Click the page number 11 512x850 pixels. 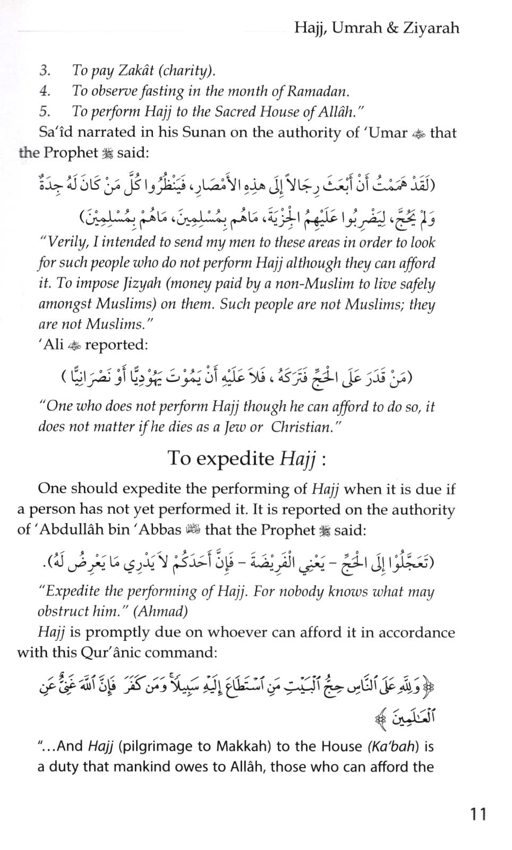pyautogui.click(x=478, y=814)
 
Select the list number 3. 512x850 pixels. pyautogui.click(x=45, y=71)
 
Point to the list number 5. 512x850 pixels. pyautogui.click(x=45, y=111)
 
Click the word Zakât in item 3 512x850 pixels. pyautogui.click(x=120, y=71)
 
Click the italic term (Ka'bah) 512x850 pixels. pyautogui.click(x=393, y=746)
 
